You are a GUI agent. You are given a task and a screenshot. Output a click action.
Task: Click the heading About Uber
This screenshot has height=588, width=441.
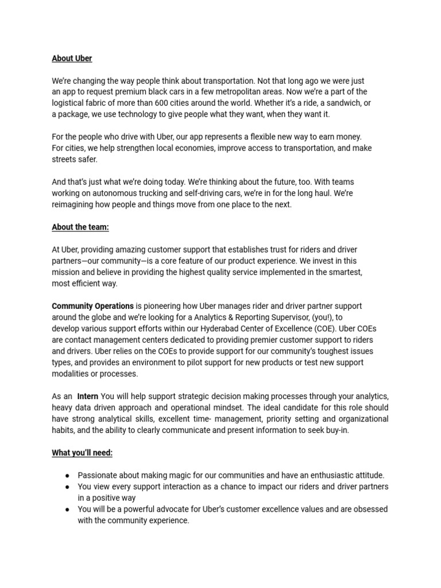(x=72, y=59)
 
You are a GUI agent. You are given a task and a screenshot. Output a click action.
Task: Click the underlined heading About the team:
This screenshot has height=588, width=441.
(x=80, y=227)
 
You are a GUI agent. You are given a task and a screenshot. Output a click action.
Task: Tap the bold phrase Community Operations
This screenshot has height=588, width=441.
(x=92, y=306)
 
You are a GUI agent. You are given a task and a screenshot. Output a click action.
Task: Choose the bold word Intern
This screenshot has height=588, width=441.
(x=88, y=396)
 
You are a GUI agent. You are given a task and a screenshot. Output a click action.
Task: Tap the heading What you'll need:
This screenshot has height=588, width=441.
(x=82, y=452)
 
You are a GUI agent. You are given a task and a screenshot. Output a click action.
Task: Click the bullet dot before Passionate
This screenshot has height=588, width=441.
(x=67, y=475)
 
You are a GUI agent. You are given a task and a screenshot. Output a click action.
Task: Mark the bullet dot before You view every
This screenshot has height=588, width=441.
(x=67, y=487)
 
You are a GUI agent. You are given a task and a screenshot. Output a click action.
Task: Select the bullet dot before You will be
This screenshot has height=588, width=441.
(x=67, y=509)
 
